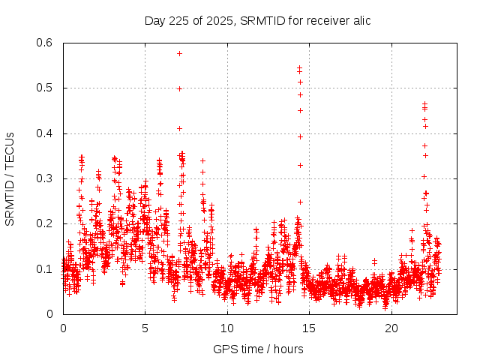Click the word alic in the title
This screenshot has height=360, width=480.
coord(359,20)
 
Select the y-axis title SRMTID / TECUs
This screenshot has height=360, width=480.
coord(10,178)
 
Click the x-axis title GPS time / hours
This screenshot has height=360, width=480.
coord(258,349)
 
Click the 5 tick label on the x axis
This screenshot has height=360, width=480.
coord(145,328)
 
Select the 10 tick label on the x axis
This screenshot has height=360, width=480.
coord(227,328)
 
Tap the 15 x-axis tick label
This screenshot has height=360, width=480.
coord(309,328)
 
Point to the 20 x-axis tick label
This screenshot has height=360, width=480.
coord(391,328)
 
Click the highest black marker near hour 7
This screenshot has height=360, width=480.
coord(179,53)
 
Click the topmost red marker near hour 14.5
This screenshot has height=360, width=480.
coord(300,68)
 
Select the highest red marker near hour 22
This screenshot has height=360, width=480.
coord(424,103)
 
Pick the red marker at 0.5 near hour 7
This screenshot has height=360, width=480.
coord(179,88)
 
